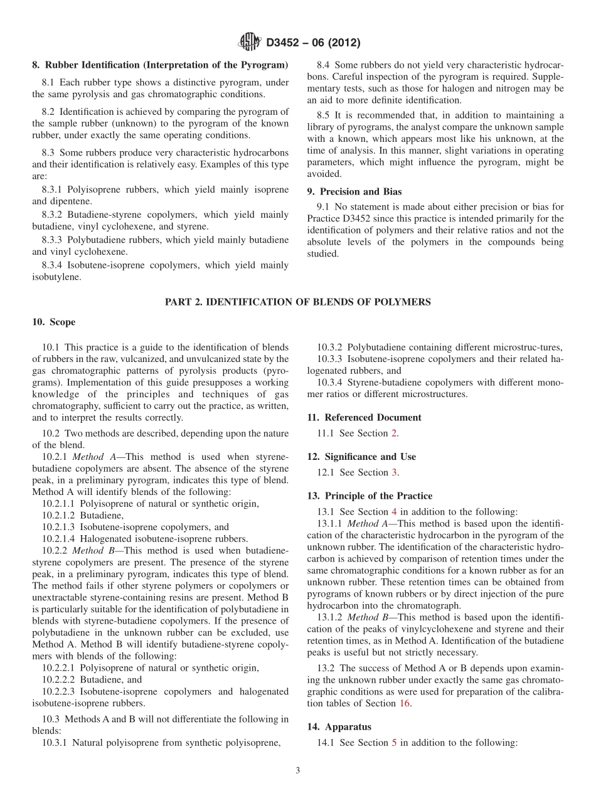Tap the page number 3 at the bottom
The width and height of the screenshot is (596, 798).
coord(298,770)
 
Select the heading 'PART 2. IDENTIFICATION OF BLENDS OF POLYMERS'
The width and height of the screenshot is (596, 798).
coord(297,302)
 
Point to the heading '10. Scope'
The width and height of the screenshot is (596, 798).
coord(54,322)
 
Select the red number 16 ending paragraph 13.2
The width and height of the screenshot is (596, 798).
coord(405,703)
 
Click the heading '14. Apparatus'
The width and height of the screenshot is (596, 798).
coord(339,726)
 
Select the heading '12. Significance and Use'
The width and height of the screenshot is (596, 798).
coord(361,457)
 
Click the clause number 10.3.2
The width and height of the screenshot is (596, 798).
coord(330,347)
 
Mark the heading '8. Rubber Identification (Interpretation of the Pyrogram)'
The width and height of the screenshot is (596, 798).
coord(160,65)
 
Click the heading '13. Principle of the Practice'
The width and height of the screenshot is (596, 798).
coord(370,496)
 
